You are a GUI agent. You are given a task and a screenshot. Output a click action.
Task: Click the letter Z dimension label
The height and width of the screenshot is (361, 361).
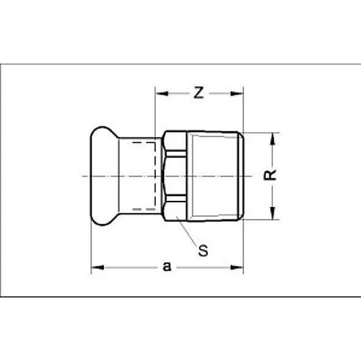coord(197,93)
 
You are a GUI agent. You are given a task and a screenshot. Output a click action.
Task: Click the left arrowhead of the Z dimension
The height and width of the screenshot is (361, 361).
coord(161,94)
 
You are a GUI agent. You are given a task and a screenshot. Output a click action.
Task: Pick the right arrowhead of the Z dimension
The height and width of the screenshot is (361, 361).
coord(239,94)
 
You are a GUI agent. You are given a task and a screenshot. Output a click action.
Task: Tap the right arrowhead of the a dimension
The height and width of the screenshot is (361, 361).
coord(239,266)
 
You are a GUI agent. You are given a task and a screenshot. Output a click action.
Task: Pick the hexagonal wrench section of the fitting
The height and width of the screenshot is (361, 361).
coord(175,175)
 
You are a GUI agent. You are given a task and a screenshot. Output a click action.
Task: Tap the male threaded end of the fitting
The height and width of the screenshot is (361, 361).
coord(217,175)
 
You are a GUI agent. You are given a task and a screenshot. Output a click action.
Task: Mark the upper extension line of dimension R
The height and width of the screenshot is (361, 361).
coord(263,132)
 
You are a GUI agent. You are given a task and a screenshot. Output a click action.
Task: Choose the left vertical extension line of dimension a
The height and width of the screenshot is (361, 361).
coord(92,244)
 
